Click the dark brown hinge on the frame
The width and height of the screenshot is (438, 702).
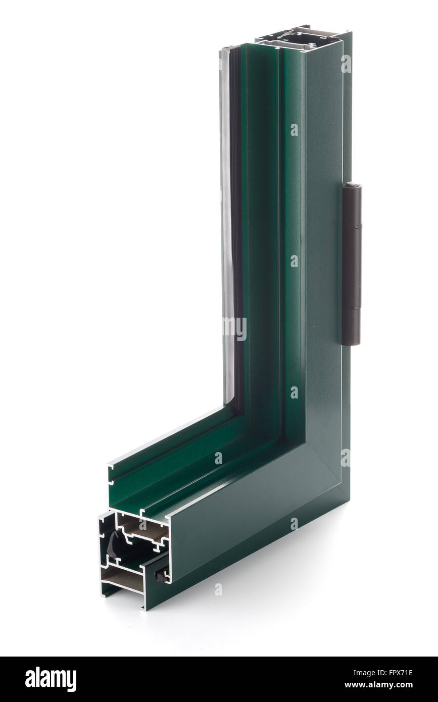click(x=352, y=263)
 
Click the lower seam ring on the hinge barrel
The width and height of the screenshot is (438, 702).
click(x=352, y=308)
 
